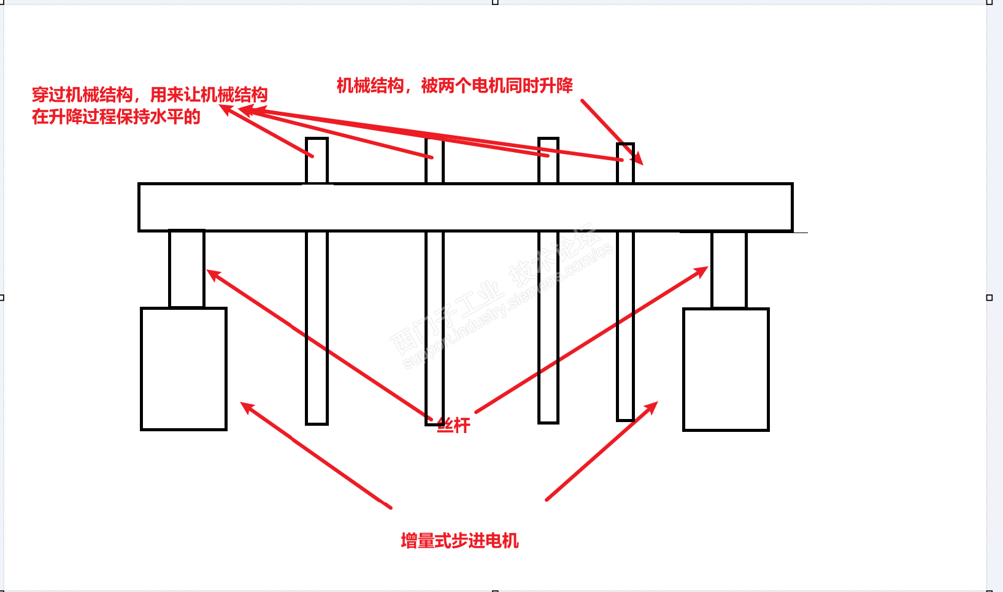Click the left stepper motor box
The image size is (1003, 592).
click(x=183, y=369)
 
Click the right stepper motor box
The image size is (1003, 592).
click(x=726, y=369)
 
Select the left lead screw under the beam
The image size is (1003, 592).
click(x=186, y=269)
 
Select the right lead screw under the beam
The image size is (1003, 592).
click(x=729, y=269)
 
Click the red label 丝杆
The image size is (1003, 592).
click(x=453, y=425)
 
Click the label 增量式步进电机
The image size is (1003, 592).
click(x=459, y=540)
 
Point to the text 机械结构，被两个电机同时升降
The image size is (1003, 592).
click(x=455, y=85)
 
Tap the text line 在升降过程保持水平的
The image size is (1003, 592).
click(x=116, y=117)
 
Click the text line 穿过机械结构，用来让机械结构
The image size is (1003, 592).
click(x=150, y=94)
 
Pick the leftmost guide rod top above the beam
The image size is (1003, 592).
click(x=317, y=160)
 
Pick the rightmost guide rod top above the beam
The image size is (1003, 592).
click(x=625, y=162)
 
